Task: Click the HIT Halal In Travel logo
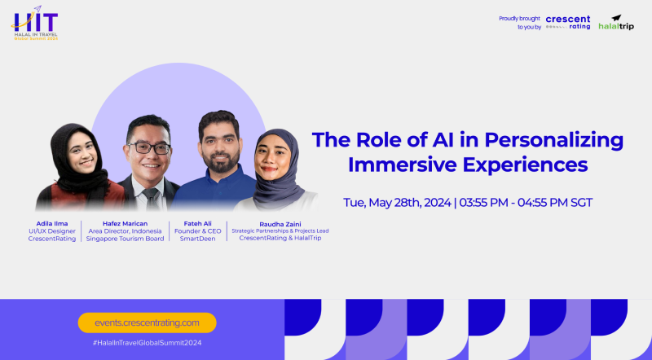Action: click(35, 24)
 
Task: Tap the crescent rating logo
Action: click(568, 23)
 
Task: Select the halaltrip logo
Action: click(616, 23)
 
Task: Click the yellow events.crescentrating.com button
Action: click(148, 323)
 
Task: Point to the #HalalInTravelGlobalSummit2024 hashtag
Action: click(148, 343)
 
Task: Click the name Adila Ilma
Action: click(52, 224)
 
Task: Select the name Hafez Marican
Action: click(126, 224)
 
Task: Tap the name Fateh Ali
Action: click(197, 224)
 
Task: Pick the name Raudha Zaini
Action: click(280, 225)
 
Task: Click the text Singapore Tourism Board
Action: click(126, 239)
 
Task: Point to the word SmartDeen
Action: click(197, 239)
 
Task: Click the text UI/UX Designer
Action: click(52, 231)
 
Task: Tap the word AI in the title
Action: click(443, 139)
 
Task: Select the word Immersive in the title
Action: click(402, 165)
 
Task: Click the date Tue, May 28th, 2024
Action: click(397, 203)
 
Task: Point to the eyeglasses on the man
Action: click(149, 148)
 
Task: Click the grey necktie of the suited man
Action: click(151, 199)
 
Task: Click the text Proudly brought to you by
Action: click(520, 23)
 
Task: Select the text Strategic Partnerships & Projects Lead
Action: click(280, 230)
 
